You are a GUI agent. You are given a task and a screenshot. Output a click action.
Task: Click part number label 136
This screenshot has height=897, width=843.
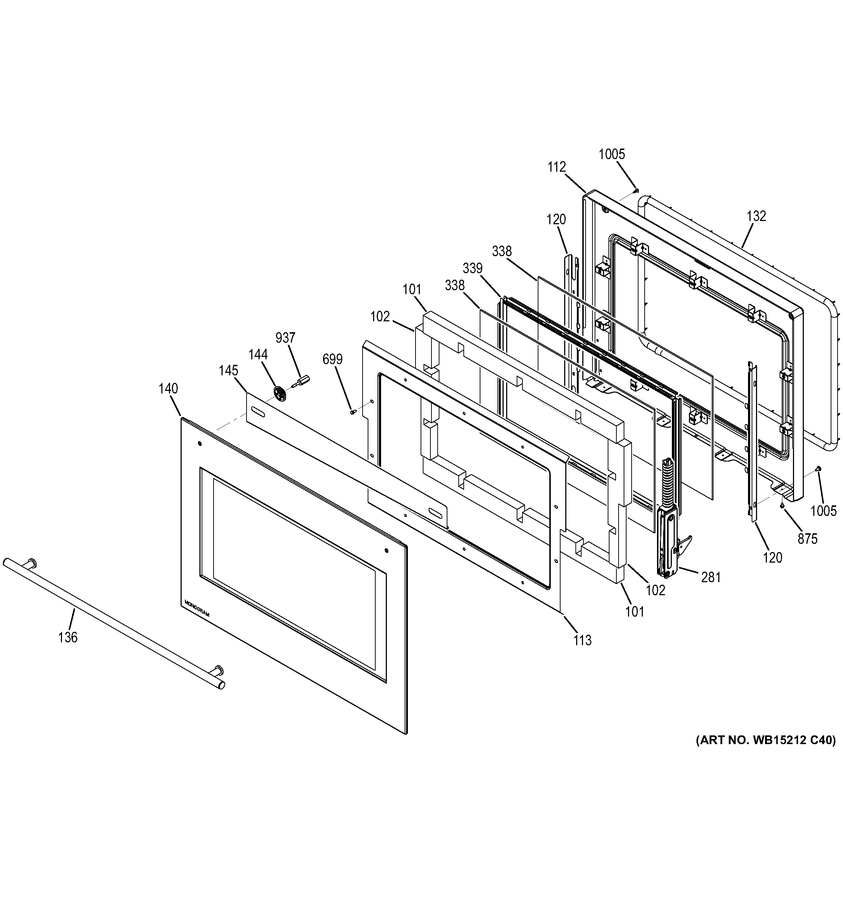tap(68, 638)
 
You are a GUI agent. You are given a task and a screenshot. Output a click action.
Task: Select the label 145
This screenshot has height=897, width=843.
tap(228, 371)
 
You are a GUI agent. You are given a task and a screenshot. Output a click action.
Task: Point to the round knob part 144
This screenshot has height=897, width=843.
tap(280, 393)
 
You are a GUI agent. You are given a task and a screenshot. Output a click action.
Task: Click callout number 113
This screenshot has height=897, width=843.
tap(582, 640)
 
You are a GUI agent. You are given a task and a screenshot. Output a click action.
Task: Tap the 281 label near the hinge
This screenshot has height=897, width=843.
tap(711, 577)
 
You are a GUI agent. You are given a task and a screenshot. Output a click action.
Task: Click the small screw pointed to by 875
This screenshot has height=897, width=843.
tap(782, 507)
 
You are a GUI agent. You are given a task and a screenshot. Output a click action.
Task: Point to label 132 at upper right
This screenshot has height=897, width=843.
tap(756, 216)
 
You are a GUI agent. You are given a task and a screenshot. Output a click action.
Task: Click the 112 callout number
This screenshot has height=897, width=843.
tap(556, 167)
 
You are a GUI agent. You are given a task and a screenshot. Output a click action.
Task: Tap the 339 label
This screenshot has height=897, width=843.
tap(472, 268)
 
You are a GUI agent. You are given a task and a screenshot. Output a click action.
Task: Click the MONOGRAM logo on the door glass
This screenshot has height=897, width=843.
tap(197, 608)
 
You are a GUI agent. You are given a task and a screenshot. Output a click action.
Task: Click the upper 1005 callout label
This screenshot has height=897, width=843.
tap(612, 154)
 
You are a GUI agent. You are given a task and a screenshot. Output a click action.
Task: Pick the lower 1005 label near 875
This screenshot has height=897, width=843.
tap(823, 511)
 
